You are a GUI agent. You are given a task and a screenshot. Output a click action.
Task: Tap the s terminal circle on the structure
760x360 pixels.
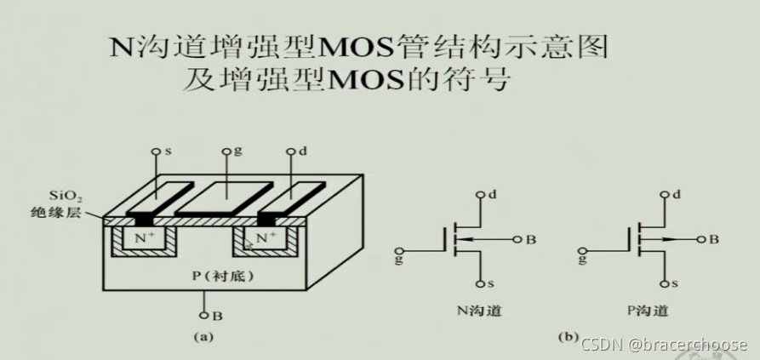[156, 152]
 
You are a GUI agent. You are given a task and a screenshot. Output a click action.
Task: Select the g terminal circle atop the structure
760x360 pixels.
[226, 152]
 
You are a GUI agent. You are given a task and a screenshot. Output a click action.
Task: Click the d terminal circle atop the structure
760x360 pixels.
[294, 152]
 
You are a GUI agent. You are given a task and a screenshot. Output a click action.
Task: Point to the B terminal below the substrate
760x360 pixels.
[205, 315]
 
